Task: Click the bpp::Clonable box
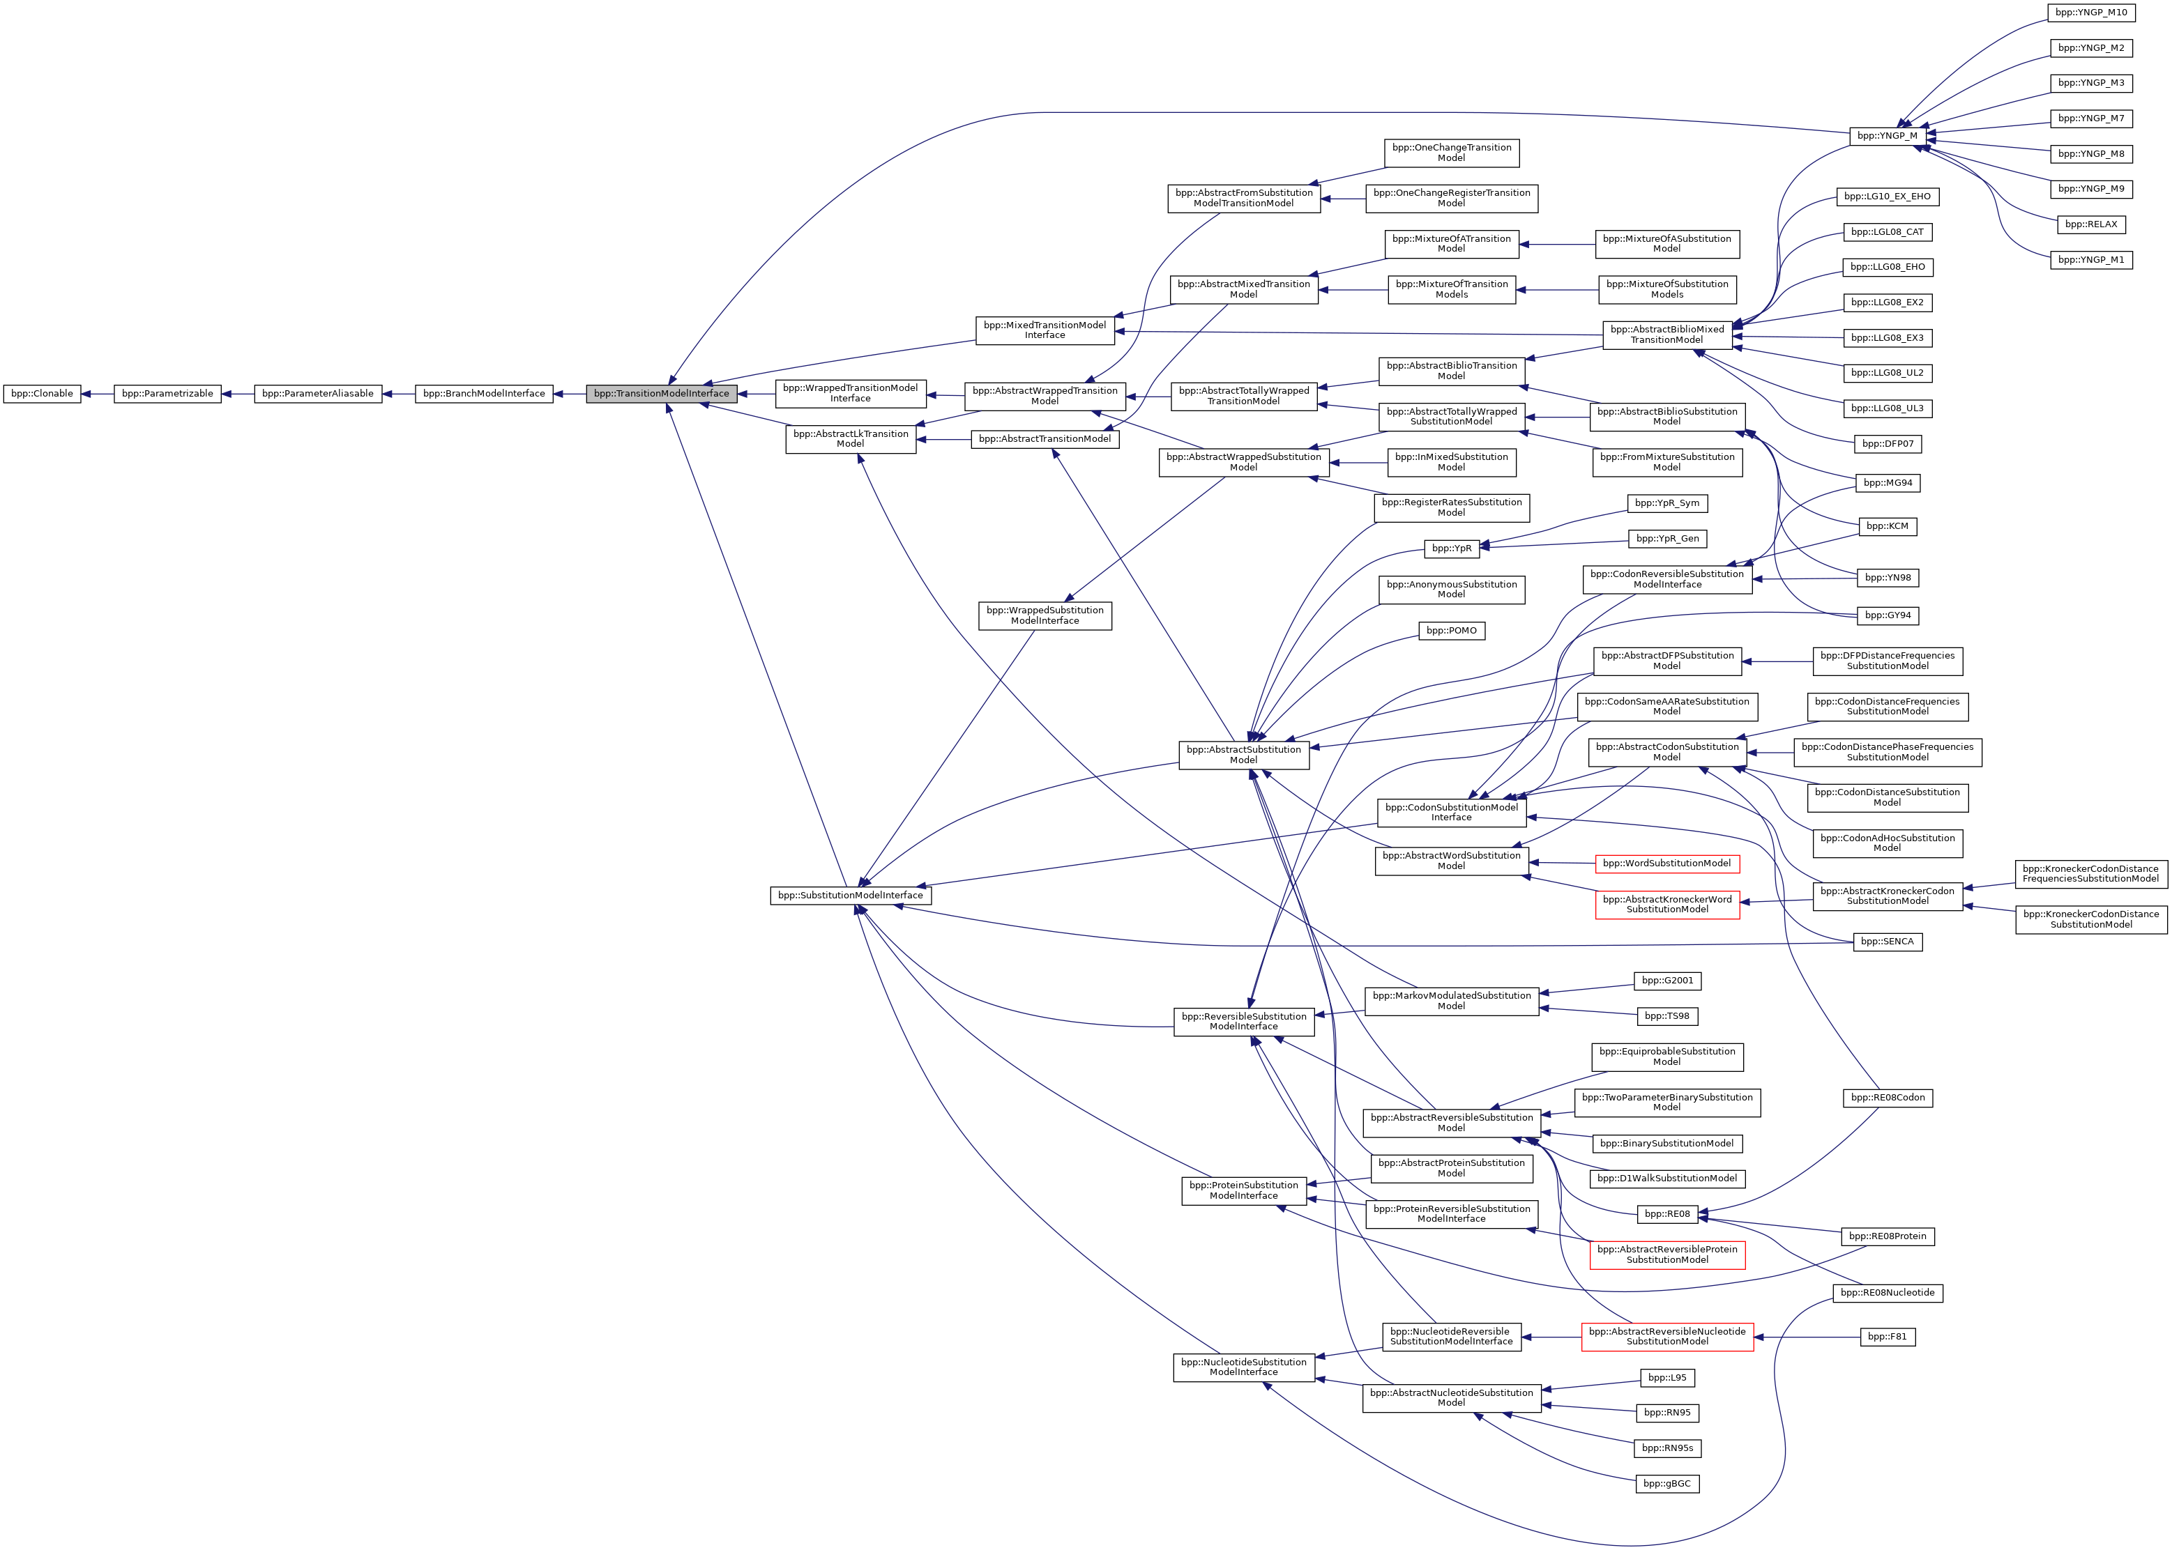[42, 393]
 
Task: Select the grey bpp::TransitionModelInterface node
[661, 393]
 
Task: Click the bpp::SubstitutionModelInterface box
[850, 896]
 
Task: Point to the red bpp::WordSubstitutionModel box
[1666, 864]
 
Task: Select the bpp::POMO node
[1450, 631]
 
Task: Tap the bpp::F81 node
[1887, 1336]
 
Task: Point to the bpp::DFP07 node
[1887, 444]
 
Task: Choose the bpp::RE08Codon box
[1887, 1098]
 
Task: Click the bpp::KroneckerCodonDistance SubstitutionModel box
[2091, 919]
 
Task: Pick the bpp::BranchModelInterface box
[484, 393]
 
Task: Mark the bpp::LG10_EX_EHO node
[1887, 197]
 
